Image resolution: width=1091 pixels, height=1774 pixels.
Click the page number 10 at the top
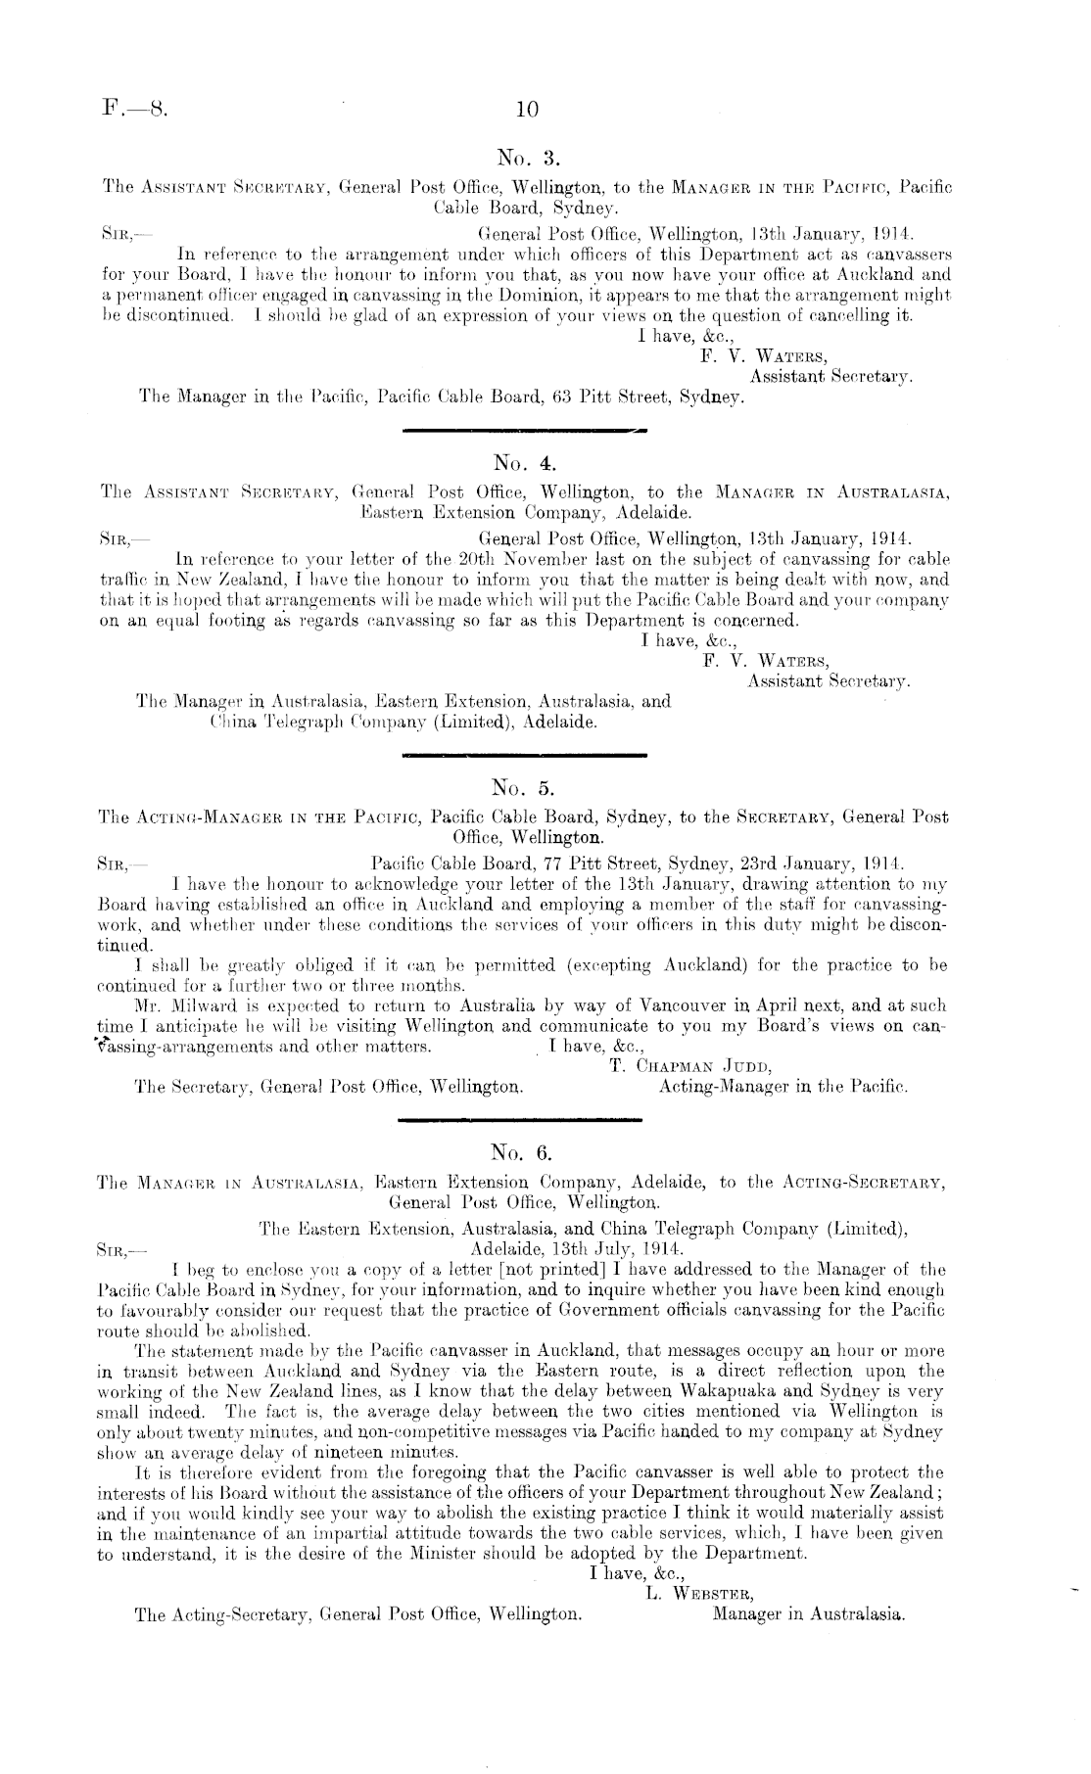coord(526,110)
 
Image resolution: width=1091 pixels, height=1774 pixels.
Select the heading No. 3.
coord(527,156)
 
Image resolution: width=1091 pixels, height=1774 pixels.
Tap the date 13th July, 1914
coord(571,1249)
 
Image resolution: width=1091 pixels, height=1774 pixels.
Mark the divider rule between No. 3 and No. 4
coord(525,430)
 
